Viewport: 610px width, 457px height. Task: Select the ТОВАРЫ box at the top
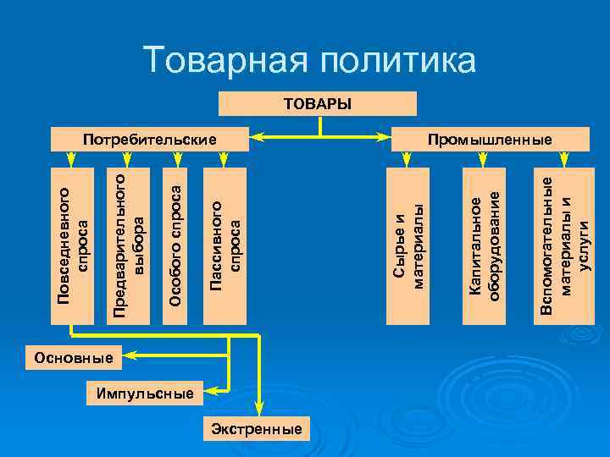(x=318, y=103)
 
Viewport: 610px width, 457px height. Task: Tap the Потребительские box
(x=148, y=139)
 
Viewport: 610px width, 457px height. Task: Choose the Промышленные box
(x=490, y=139)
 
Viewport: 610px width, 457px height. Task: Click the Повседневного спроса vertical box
(x=73, y=246)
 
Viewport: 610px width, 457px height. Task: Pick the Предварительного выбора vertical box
(x=130, y=246)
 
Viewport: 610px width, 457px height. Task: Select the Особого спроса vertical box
(x=175, y=246)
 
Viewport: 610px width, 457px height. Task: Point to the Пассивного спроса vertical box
(x=225, y=246)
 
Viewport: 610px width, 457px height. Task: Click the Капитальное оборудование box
(x=485, y=246)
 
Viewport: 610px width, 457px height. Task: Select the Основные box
(x=74, y=357)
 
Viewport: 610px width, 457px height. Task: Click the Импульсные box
(x=144, y=394)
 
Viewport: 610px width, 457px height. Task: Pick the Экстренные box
(x=257, y=429)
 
